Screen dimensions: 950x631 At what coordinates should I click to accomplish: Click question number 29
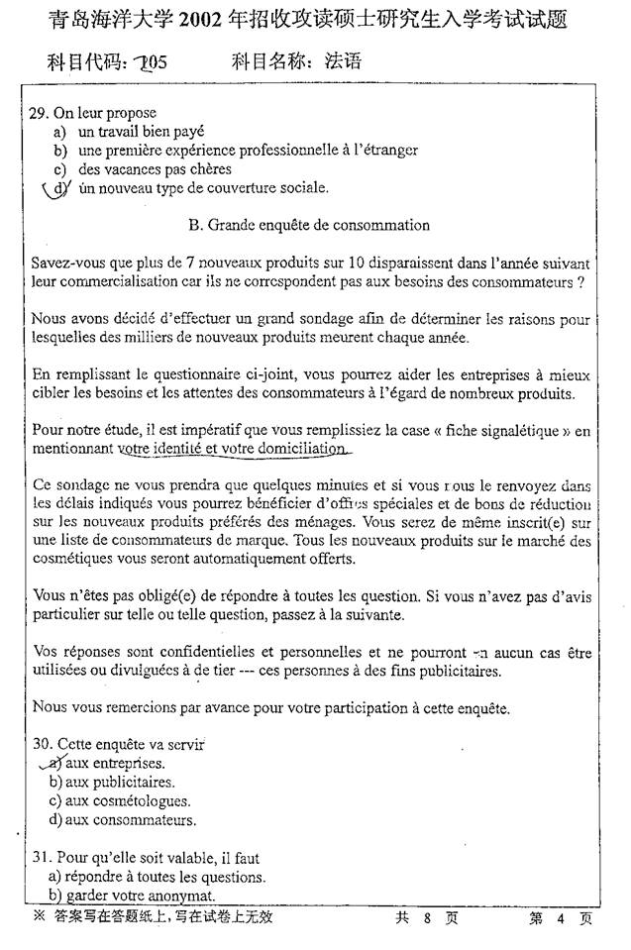click(x=41, y=113)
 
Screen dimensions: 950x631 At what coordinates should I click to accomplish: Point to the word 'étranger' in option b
click(x=387, y=150)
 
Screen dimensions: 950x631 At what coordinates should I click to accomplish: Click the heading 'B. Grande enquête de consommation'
click(x=308, y=225)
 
